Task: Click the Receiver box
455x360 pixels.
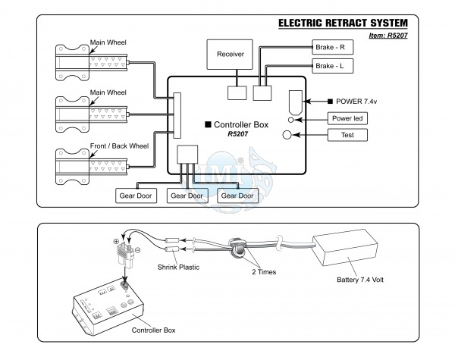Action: pyautogui.click(x=230, y=55)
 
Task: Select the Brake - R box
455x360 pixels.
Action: pyautogui.click(x=333, y=47)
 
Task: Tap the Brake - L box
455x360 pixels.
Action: pyautogui.click(x=333, y=66)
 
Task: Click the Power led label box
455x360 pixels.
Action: pyautogui.click(x=347, y=118)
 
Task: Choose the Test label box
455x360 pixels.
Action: pyautogui.click(x=347, y=135)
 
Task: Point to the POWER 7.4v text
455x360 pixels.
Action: pyautogui.click(x=356, y=102)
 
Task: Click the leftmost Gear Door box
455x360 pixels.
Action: pyautogui.click(x=136, y=196)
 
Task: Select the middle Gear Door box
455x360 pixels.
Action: pyautogui.click(x=187, y=196)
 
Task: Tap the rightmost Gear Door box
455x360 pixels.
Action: pyautogui.click(x=237, y=196)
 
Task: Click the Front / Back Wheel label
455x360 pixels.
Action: pyautogui.click(x=119, y=146)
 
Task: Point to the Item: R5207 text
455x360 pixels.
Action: pyautogui.click(x=388, y=36)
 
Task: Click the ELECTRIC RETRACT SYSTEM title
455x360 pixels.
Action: pyautogui.click(x=343, y=23)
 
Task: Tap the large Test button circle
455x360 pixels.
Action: pyautogui.click(x=287, y=135)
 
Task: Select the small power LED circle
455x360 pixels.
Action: pyautogui.click(x=290, y=120)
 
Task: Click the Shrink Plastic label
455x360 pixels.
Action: pyautogui.click(x=178, y=268)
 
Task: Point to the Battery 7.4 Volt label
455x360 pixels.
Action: pyautogui.click(x=360, y=280)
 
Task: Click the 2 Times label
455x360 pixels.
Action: pyautogui.click(x=264, y=272)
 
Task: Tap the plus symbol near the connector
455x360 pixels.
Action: pyautogui.click(x=116, y=241)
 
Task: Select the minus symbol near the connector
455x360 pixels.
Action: pyautogui.click(x=138, y=250)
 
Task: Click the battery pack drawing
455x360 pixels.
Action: pyautogui.click(x=345, y=247)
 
